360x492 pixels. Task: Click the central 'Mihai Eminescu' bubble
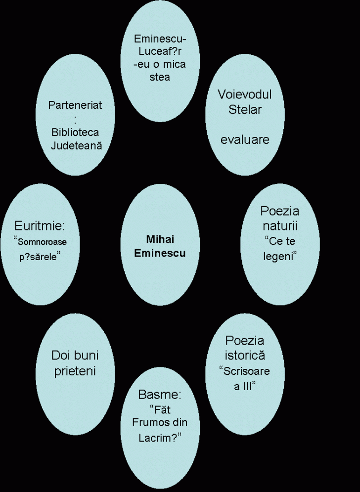[x=159, y=246]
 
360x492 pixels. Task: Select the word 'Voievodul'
[x=245, y=94]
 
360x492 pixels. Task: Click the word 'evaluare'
[x=245, y=139]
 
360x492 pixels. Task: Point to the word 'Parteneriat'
[x=75, y=106]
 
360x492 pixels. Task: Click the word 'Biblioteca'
[x=75, y=132]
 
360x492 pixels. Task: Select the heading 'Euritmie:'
[x=40, y=226]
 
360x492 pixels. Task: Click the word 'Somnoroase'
[x=42, y=242]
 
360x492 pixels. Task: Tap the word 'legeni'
[x=279, y=257]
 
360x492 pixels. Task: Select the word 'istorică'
[x=245, y=355]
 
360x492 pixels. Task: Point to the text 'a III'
[x=244, y=386]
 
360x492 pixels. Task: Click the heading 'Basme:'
[x=160, y=395]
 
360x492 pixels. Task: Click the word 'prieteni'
[x=75, y=371]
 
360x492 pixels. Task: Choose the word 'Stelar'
[x=245, y=109]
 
